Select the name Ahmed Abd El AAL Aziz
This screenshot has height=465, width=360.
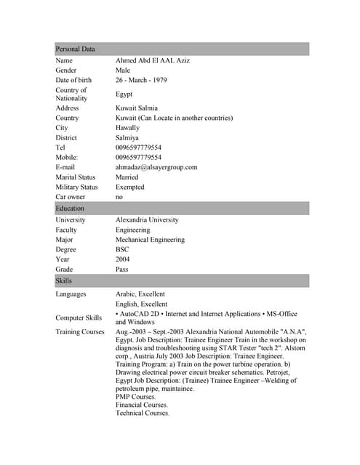pyautogui.click(x=153, y=60)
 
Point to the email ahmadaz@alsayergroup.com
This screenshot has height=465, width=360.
pyautogui.click(x=156, y=167)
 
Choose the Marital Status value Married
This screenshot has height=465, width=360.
pyautogui.click(x=127, y=177)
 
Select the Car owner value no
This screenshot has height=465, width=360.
pyautogui.click(x=119, y=197)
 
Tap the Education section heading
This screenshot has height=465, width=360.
pyautogui.click(x=70, y=209)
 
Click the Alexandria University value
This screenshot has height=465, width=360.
pyautogui.click(x=147, y=219)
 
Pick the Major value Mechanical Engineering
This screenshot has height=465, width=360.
pyautogui.click(x=150, y=240)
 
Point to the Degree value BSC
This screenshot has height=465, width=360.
pyautogui.click(x=122, y=249)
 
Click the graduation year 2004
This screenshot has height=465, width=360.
pyautogui.click(x=123, y=259)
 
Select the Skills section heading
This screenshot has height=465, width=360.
pyautogui.click(x=63, y=280)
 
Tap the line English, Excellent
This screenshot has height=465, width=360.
pyautogui.click(x=141, y=304)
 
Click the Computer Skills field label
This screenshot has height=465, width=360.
pyautogui.click(x=79, y=318)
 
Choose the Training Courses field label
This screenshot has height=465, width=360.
pyautogui.click(x=80, y=332)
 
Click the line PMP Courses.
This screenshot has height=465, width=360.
pyautogui.click(x=135, y=397)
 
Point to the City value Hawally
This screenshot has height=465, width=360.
pyautogui.click(x=128, y=128)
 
